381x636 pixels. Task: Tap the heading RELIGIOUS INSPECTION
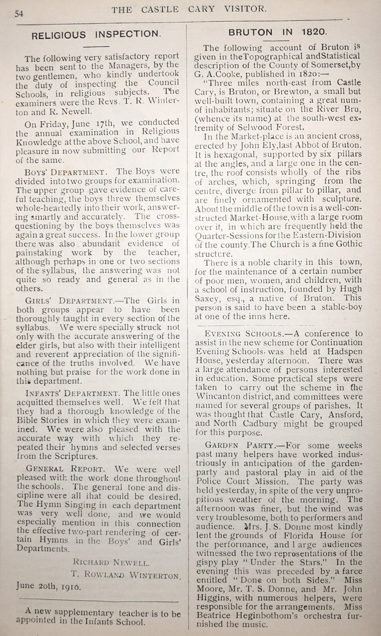(x=96, y=35)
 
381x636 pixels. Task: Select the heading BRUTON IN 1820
(x=277, y=32)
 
